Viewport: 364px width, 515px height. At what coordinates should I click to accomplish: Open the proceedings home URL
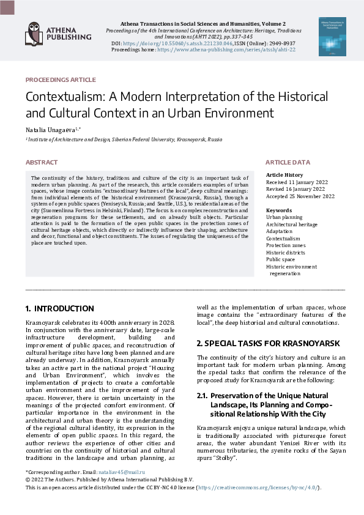[x=226, y=50]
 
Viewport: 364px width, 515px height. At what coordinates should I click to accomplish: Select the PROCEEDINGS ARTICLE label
[x=61, y=80]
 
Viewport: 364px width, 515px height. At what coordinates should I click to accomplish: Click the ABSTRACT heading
[x=42, y=162]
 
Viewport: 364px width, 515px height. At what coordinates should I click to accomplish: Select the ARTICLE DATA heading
[x=288, y=162]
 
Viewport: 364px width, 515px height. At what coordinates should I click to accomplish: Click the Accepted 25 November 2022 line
[x=300, y=196]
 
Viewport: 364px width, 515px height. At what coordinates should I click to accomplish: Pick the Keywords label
[x=279, y=210]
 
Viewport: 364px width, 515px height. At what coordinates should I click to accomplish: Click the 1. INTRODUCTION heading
[x=60, y=309]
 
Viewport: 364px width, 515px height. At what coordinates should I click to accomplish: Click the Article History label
[x=285, y=175]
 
